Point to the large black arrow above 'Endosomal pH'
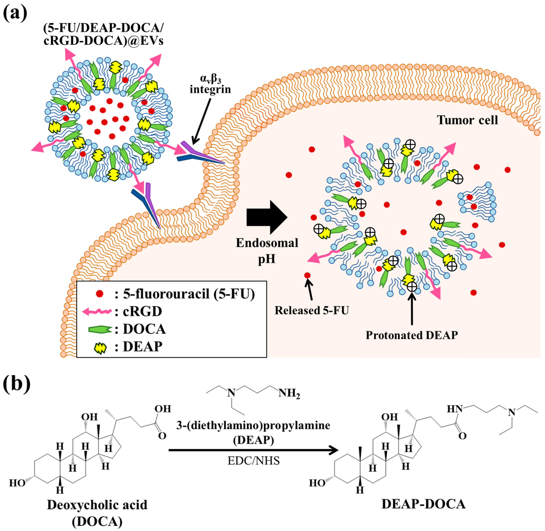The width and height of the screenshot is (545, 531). pos(267,217)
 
